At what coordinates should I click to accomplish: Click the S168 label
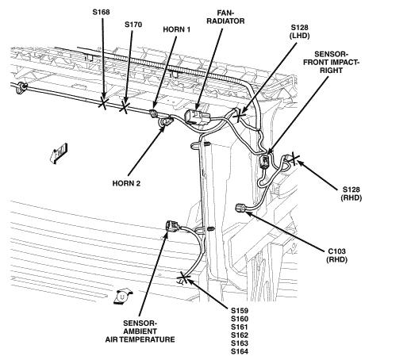click(101, 12)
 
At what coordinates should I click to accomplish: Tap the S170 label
click(133, 25)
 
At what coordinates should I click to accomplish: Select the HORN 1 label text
click(176, 29)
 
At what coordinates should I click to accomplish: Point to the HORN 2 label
click(126, 183)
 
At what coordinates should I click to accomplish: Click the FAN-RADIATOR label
click(225, 17)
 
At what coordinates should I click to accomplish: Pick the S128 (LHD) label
click(300, 32)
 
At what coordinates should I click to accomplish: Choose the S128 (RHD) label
click(351, 193)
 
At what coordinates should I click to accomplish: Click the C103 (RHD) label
click(336, 255)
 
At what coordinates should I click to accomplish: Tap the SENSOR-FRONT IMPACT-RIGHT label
click(331, 63)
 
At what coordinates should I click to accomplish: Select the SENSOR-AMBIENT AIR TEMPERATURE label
click(140, 331)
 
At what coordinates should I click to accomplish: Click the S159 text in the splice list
click(240, 311)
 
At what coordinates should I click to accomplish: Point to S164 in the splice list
click(240, 351)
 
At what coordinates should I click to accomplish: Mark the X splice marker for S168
click(103, 103)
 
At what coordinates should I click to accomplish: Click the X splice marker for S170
click(125, 107)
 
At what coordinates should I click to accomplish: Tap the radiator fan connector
click(196, 117)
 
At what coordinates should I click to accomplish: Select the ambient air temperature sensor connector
click(171, 227)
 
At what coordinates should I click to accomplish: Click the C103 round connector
click(240, 208)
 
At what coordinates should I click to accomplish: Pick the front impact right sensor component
click(265, 161)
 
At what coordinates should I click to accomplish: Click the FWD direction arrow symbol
click(59, 153)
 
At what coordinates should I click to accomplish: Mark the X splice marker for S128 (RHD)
click(293, 159)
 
